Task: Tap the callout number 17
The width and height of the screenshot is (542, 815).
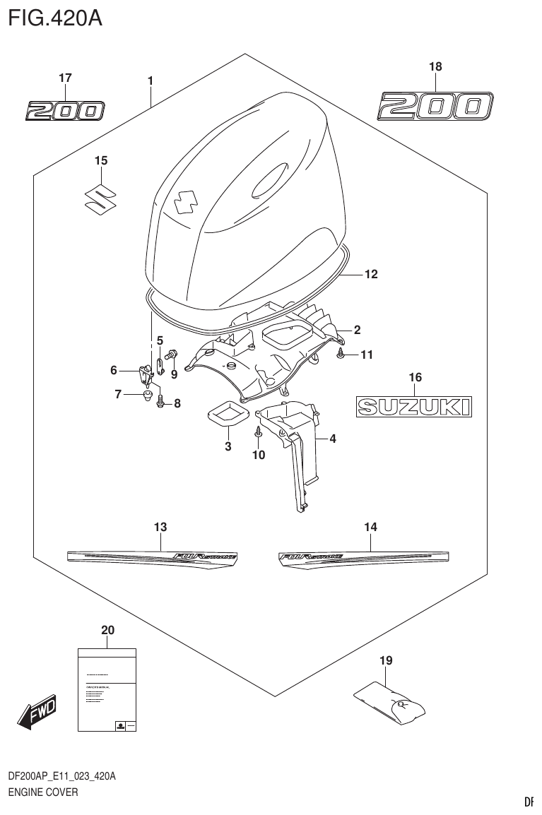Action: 65,78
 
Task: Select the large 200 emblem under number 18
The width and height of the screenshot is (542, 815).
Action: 434,106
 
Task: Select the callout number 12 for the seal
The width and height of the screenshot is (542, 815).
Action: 371,274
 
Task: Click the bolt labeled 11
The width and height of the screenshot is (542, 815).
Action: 341,355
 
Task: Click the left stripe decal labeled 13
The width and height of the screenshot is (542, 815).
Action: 152,556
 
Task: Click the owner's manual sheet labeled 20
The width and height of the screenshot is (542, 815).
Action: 106,690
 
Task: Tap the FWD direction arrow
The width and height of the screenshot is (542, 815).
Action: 36,713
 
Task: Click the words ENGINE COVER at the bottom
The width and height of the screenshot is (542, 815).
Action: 42,792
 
